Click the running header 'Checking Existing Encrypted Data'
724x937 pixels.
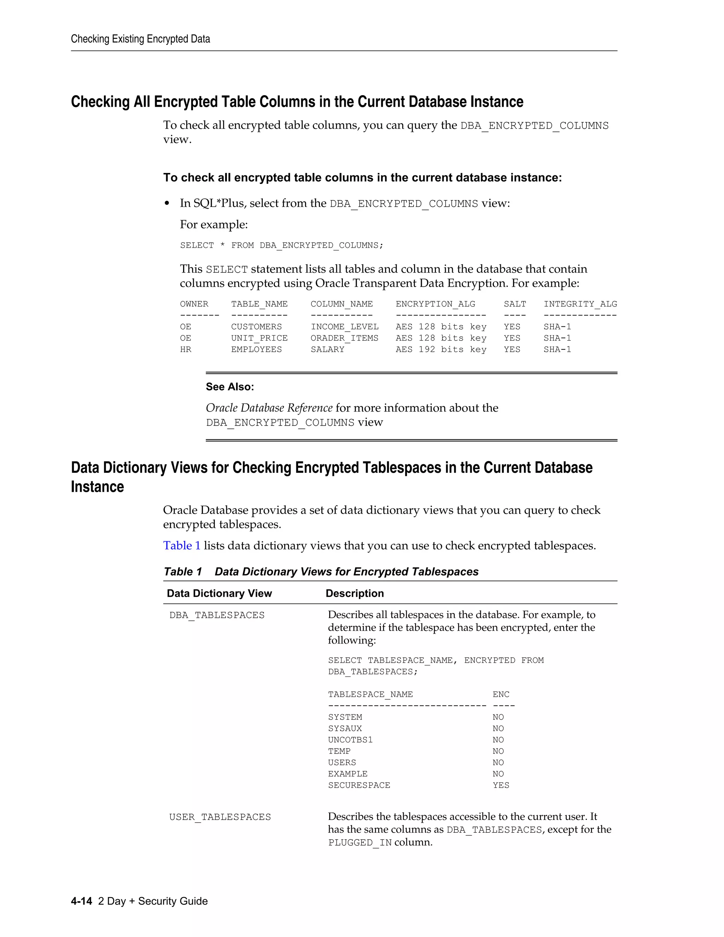tap(140, 39)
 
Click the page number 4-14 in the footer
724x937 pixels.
tap(82, 901)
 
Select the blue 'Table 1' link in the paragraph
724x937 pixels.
tap(181, 546)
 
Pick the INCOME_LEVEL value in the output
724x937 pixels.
tap(344, 327)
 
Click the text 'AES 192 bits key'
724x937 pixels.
tap(440, 350)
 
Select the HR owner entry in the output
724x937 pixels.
tap(185, 350)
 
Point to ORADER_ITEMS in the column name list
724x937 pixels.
tap(344, 338)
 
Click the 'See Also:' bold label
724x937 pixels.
tap(230, 387)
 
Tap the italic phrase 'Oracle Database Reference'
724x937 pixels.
tap(269, 408)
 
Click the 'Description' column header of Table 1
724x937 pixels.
tap(354, 593)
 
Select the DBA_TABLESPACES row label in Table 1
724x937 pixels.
tap(217, 615)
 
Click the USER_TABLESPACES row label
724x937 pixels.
tap(220, 817)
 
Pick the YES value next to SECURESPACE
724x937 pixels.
tap(501, 786)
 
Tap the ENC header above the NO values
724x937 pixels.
tap(501, 694)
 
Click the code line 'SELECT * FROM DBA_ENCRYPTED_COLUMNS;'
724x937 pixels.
tap(281, 245)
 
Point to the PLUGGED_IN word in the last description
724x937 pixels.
tap(360, 843)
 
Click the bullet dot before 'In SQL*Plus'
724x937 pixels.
tap(167, 204)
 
